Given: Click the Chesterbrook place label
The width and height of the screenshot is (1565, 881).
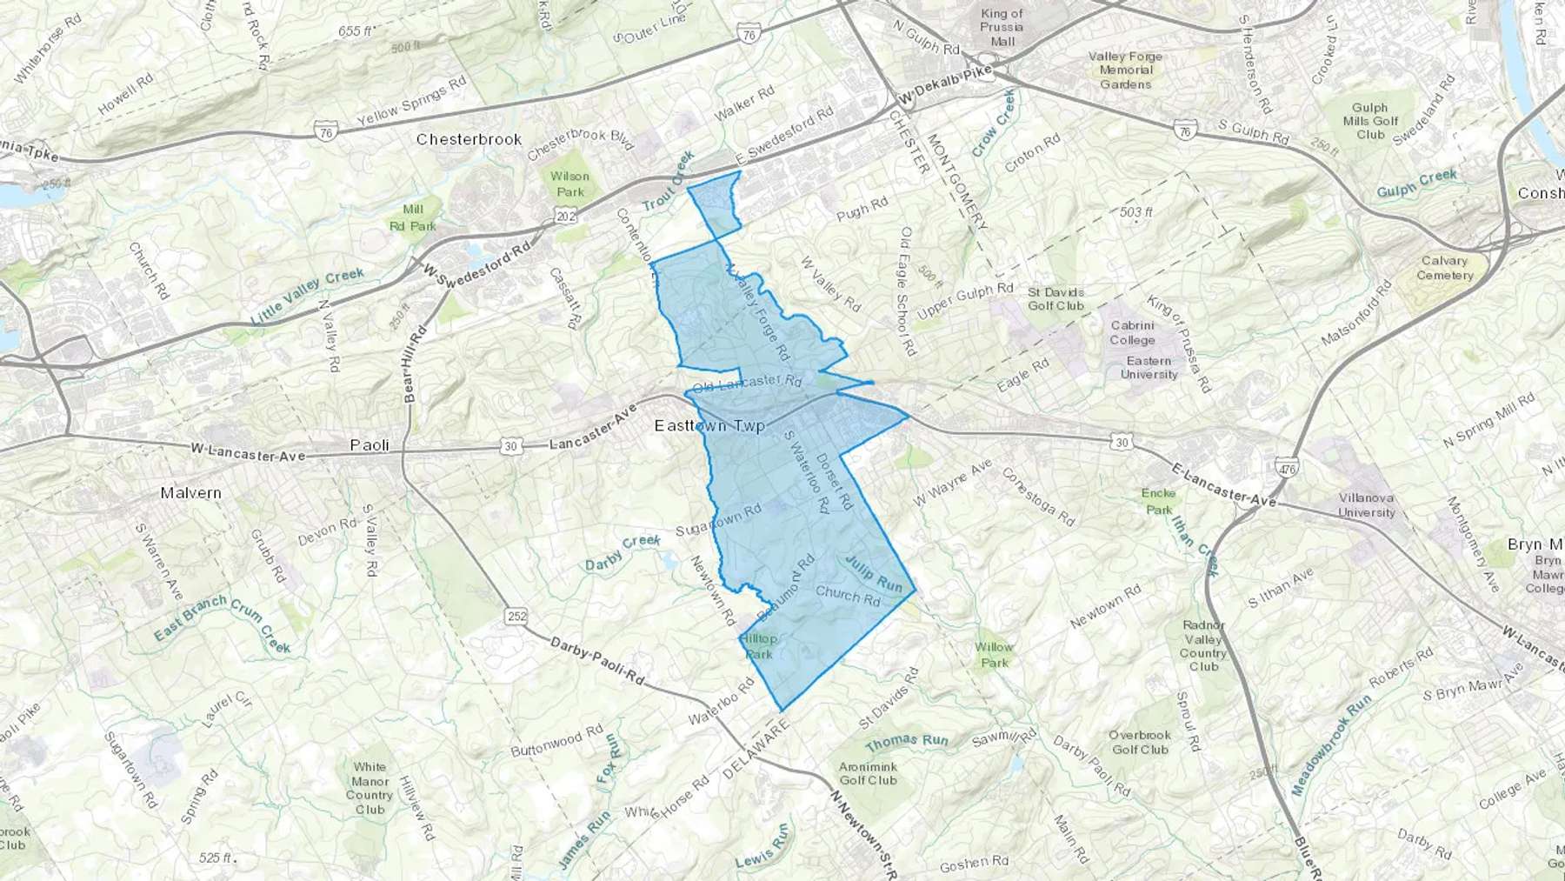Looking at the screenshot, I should tap(469, 139).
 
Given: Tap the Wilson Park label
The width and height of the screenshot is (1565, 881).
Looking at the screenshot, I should tap(570, 184).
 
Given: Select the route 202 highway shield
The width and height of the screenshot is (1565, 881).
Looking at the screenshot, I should tap(566, 216).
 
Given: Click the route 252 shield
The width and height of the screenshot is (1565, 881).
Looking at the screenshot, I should tap(517, 617).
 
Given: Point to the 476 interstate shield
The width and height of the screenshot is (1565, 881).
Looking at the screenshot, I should tap(1288, 469).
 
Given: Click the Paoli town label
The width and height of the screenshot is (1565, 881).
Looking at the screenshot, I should tap(370, 445).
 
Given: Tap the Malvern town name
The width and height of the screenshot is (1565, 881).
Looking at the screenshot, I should tap(190, 493).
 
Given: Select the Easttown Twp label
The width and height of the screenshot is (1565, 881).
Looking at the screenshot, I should tap(709, 426).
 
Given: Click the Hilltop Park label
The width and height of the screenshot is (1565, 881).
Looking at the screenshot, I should tap(759, 646).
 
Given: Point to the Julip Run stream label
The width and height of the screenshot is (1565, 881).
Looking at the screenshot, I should tap(874, 573).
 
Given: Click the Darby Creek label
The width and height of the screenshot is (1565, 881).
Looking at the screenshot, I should tap(623, 553).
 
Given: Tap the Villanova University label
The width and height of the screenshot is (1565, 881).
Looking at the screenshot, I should tap(1366, 505).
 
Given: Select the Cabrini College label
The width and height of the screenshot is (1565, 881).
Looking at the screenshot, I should tap(1132, 333).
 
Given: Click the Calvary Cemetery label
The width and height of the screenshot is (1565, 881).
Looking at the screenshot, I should tap(1444, 268).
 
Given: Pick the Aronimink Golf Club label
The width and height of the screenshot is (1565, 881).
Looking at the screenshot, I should tap(868, 773).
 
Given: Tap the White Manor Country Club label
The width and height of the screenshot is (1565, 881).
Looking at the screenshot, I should tap(370, 788).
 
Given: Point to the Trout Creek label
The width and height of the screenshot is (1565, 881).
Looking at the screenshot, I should tap(669, 181).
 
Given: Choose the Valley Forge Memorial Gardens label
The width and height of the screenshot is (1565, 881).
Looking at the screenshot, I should tap(1125, 70).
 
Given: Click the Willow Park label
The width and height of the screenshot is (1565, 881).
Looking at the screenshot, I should tap(994, 654).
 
